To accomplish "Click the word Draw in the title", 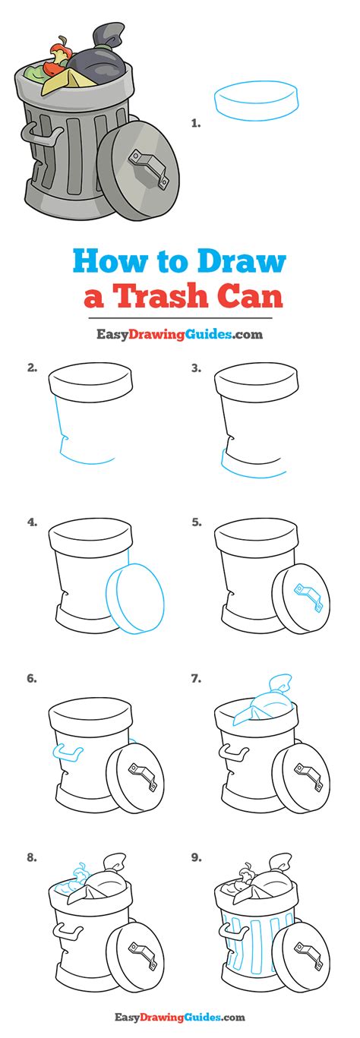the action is pyautogui.click(x=241, y=261).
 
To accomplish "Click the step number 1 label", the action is pyautogui.click(x=196, y=123).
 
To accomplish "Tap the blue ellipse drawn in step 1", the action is pyautogui.click(x=256, y=102).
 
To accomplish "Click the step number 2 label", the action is pyautogui.click(x=32, y=368).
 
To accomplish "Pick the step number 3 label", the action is pyautogui.click(x=196, y=368).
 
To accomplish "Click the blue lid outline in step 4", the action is pyautogui.click(x=135, y=598).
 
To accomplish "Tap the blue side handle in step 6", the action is pyautogui.click(x=68, y=752).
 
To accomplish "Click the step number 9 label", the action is pyautogui.click(x=196, y=858).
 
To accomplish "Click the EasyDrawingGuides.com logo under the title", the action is pyautogui.click(x=179, y=333).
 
